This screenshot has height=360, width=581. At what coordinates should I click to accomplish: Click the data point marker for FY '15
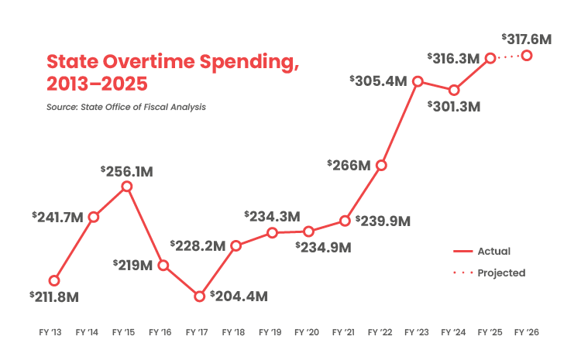(x=127, y=187)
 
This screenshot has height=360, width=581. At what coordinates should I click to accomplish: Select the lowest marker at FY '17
(x=199, y=297)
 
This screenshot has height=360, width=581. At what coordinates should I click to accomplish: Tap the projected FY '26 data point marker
(x=527, y=55)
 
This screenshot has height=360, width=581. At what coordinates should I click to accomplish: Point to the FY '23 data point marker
(x=418, y=81)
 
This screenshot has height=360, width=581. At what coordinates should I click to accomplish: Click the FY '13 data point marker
(x=54, y=279)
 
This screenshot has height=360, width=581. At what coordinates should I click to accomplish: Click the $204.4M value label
(x=239, y=297)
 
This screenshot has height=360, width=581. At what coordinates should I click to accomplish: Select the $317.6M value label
(x=527, y=38)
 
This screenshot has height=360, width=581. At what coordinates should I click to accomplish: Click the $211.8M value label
(x=55, y=297)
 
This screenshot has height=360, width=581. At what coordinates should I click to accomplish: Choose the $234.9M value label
(x=324, y=248)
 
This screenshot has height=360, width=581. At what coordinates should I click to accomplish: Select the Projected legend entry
(x=488, y=273)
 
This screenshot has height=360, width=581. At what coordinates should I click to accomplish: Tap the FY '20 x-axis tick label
(x=308, y=332)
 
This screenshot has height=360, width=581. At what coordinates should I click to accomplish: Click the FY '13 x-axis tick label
(x=51, y=332)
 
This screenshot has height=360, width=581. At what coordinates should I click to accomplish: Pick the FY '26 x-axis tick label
(x=527, y=332)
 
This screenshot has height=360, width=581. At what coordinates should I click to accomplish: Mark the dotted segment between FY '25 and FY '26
(x=508, y=57)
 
